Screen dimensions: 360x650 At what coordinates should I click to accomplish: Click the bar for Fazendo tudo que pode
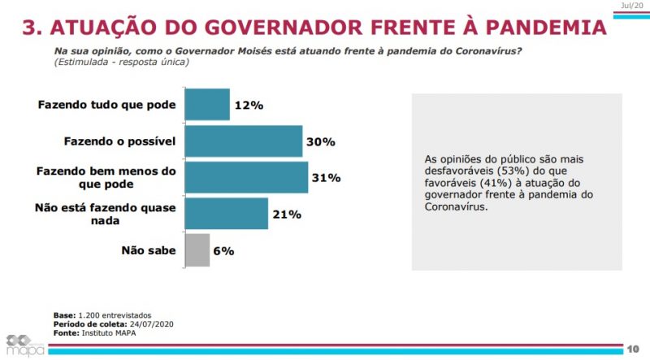tap(207, 105)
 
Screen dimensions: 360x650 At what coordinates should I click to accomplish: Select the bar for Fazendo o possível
tap(244, 141)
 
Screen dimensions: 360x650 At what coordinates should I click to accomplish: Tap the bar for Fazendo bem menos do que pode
tap(246, 178)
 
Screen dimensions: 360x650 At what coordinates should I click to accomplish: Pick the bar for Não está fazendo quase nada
tap(226, 215)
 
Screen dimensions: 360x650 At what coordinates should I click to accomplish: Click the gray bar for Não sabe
tap(197, 251)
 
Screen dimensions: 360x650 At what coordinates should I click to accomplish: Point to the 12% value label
tap(249, 106)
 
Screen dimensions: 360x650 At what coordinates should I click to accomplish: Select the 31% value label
tap(326, 178)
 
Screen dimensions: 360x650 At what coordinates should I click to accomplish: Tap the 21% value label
tap(286, 215)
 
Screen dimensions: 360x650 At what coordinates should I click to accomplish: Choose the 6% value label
tap(223, 251)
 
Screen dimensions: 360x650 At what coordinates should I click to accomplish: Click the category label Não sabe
tap(149, 251)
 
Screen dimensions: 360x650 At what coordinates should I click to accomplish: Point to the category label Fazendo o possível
tap(119, 141)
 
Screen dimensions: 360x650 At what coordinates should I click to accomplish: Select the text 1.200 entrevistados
tap(114, 315)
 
